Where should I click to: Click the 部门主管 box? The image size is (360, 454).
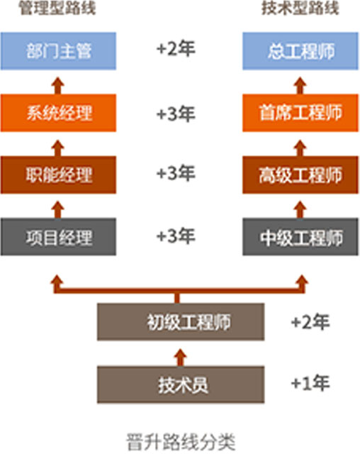[x=58, y=51]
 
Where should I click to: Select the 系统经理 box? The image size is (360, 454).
[x=58, y=113]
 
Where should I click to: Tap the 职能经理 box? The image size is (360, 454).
[x=58, y=175]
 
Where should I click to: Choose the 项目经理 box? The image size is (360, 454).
[x=58, y=237]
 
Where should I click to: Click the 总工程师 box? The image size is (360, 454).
[x=300, y=51]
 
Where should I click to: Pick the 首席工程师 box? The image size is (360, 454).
[x=300, y=113]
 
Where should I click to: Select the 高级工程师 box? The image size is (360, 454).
[x=300, y=175]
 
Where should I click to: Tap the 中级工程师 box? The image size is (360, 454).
[x=300, y=237]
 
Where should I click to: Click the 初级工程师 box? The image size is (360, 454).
[x=181, y=321]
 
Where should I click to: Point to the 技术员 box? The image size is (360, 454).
[x=181, y=384]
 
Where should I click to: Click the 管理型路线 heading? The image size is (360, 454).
[x=57, y=8]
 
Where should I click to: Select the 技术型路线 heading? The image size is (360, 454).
[x=300, y=8]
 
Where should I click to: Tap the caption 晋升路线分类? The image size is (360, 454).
[x=181, y=442]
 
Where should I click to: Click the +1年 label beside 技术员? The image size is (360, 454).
[x=310, y=383]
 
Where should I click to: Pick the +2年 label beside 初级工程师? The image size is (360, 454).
[x=310, y=321]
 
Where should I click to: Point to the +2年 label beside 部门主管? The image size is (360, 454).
[x=176, y=48]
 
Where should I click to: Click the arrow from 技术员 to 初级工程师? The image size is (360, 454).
[x=181, y=358]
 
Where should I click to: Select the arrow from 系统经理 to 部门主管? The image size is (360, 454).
[x=58, y=86]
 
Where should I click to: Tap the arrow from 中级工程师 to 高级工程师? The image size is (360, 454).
[x=300, y=210]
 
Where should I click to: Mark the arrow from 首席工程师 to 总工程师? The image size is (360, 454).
[x=300, y=86]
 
